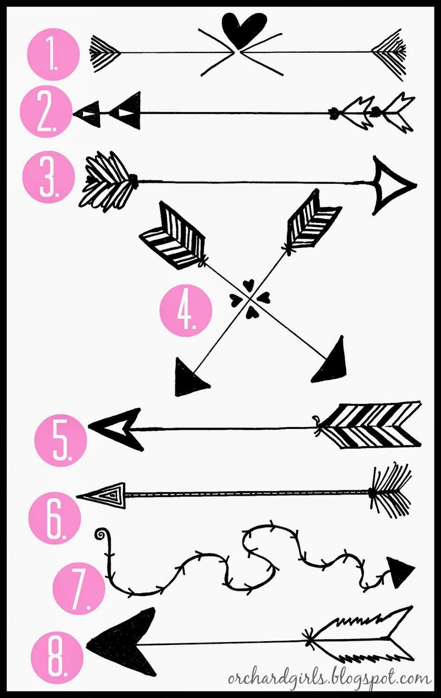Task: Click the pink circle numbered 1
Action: tap(54, 54)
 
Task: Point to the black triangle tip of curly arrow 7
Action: tap(400, 571)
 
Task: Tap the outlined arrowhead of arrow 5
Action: tap(115, 429)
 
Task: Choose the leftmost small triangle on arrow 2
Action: tap(87, 115)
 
